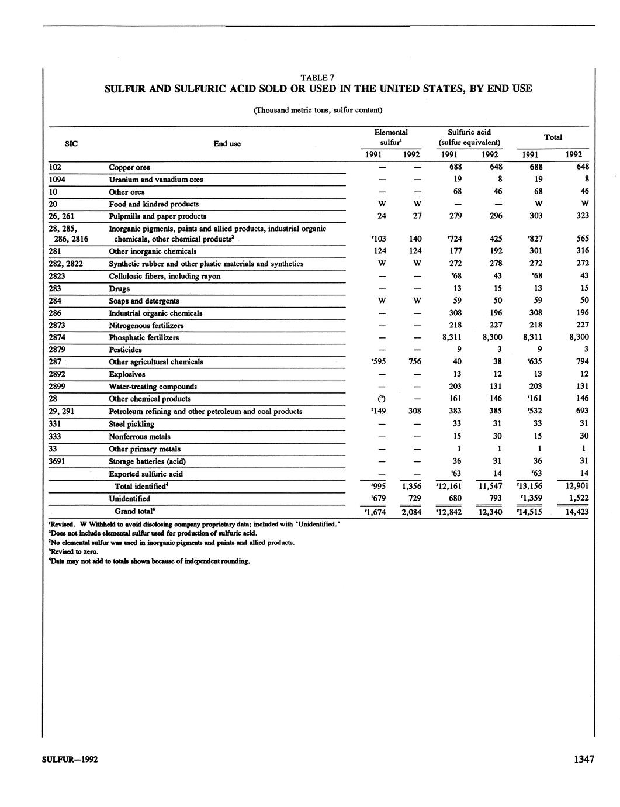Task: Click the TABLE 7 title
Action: (317, 77)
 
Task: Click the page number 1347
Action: (583, 759)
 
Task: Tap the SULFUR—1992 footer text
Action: (70, 760)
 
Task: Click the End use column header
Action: (227, 144)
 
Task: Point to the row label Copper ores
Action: (129, 168)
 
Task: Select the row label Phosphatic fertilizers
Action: (144, 338)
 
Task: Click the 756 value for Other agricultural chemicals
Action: (415, 362)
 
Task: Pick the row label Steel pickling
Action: (131, 424)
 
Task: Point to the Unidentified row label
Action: (129, 499)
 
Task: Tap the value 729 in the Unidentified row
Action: (415, 499)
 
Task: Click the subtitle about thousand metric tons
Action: (318, 110)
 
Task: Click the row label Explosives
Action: (127, 374)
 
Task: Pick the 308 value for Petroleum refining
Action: (415, 411)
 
